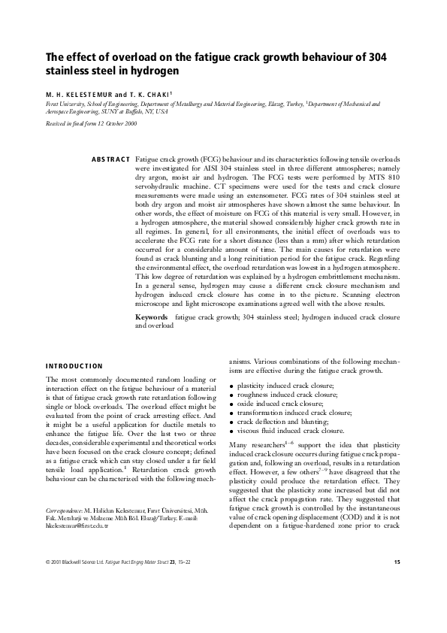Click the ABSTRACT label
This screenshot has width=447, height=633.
point(110,161)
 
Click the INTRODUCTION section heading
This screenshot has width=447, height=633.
point(74,365)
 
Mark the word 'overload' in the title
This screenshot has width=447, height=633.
point(117,59)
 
